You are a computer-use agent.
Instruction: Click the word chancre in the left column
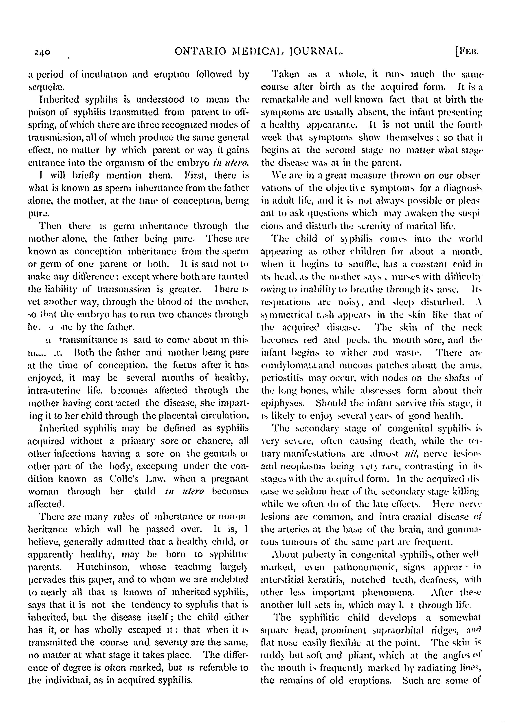pos(226,441)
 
